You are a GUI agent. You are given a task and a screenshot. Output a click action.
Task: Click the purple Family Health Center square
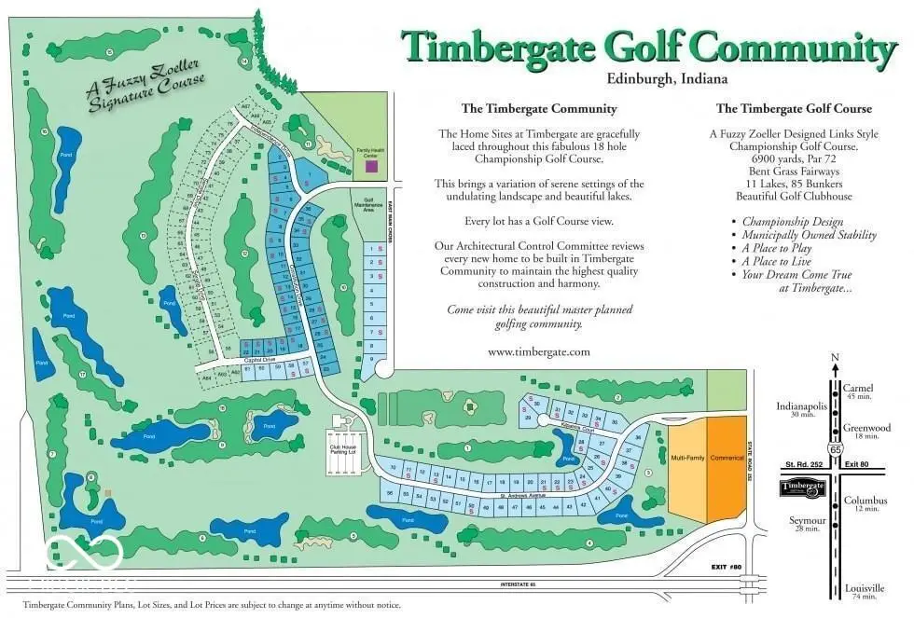click(372, 166)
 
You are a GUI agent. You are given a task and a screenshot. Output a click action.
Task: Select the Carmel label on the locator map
click(856, 387)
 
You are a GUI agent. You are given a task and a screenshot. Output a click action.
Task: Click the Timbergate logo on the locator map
click(803, 488)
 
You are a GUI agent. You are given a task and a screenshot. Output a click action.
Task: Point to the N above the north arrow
click(836, 358)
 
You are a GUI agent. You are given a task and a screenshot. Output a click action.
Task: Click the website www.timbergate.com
click(539, 351)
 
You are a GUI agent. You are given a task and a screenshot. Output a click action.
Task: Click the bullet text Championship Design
click(792, 222)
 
